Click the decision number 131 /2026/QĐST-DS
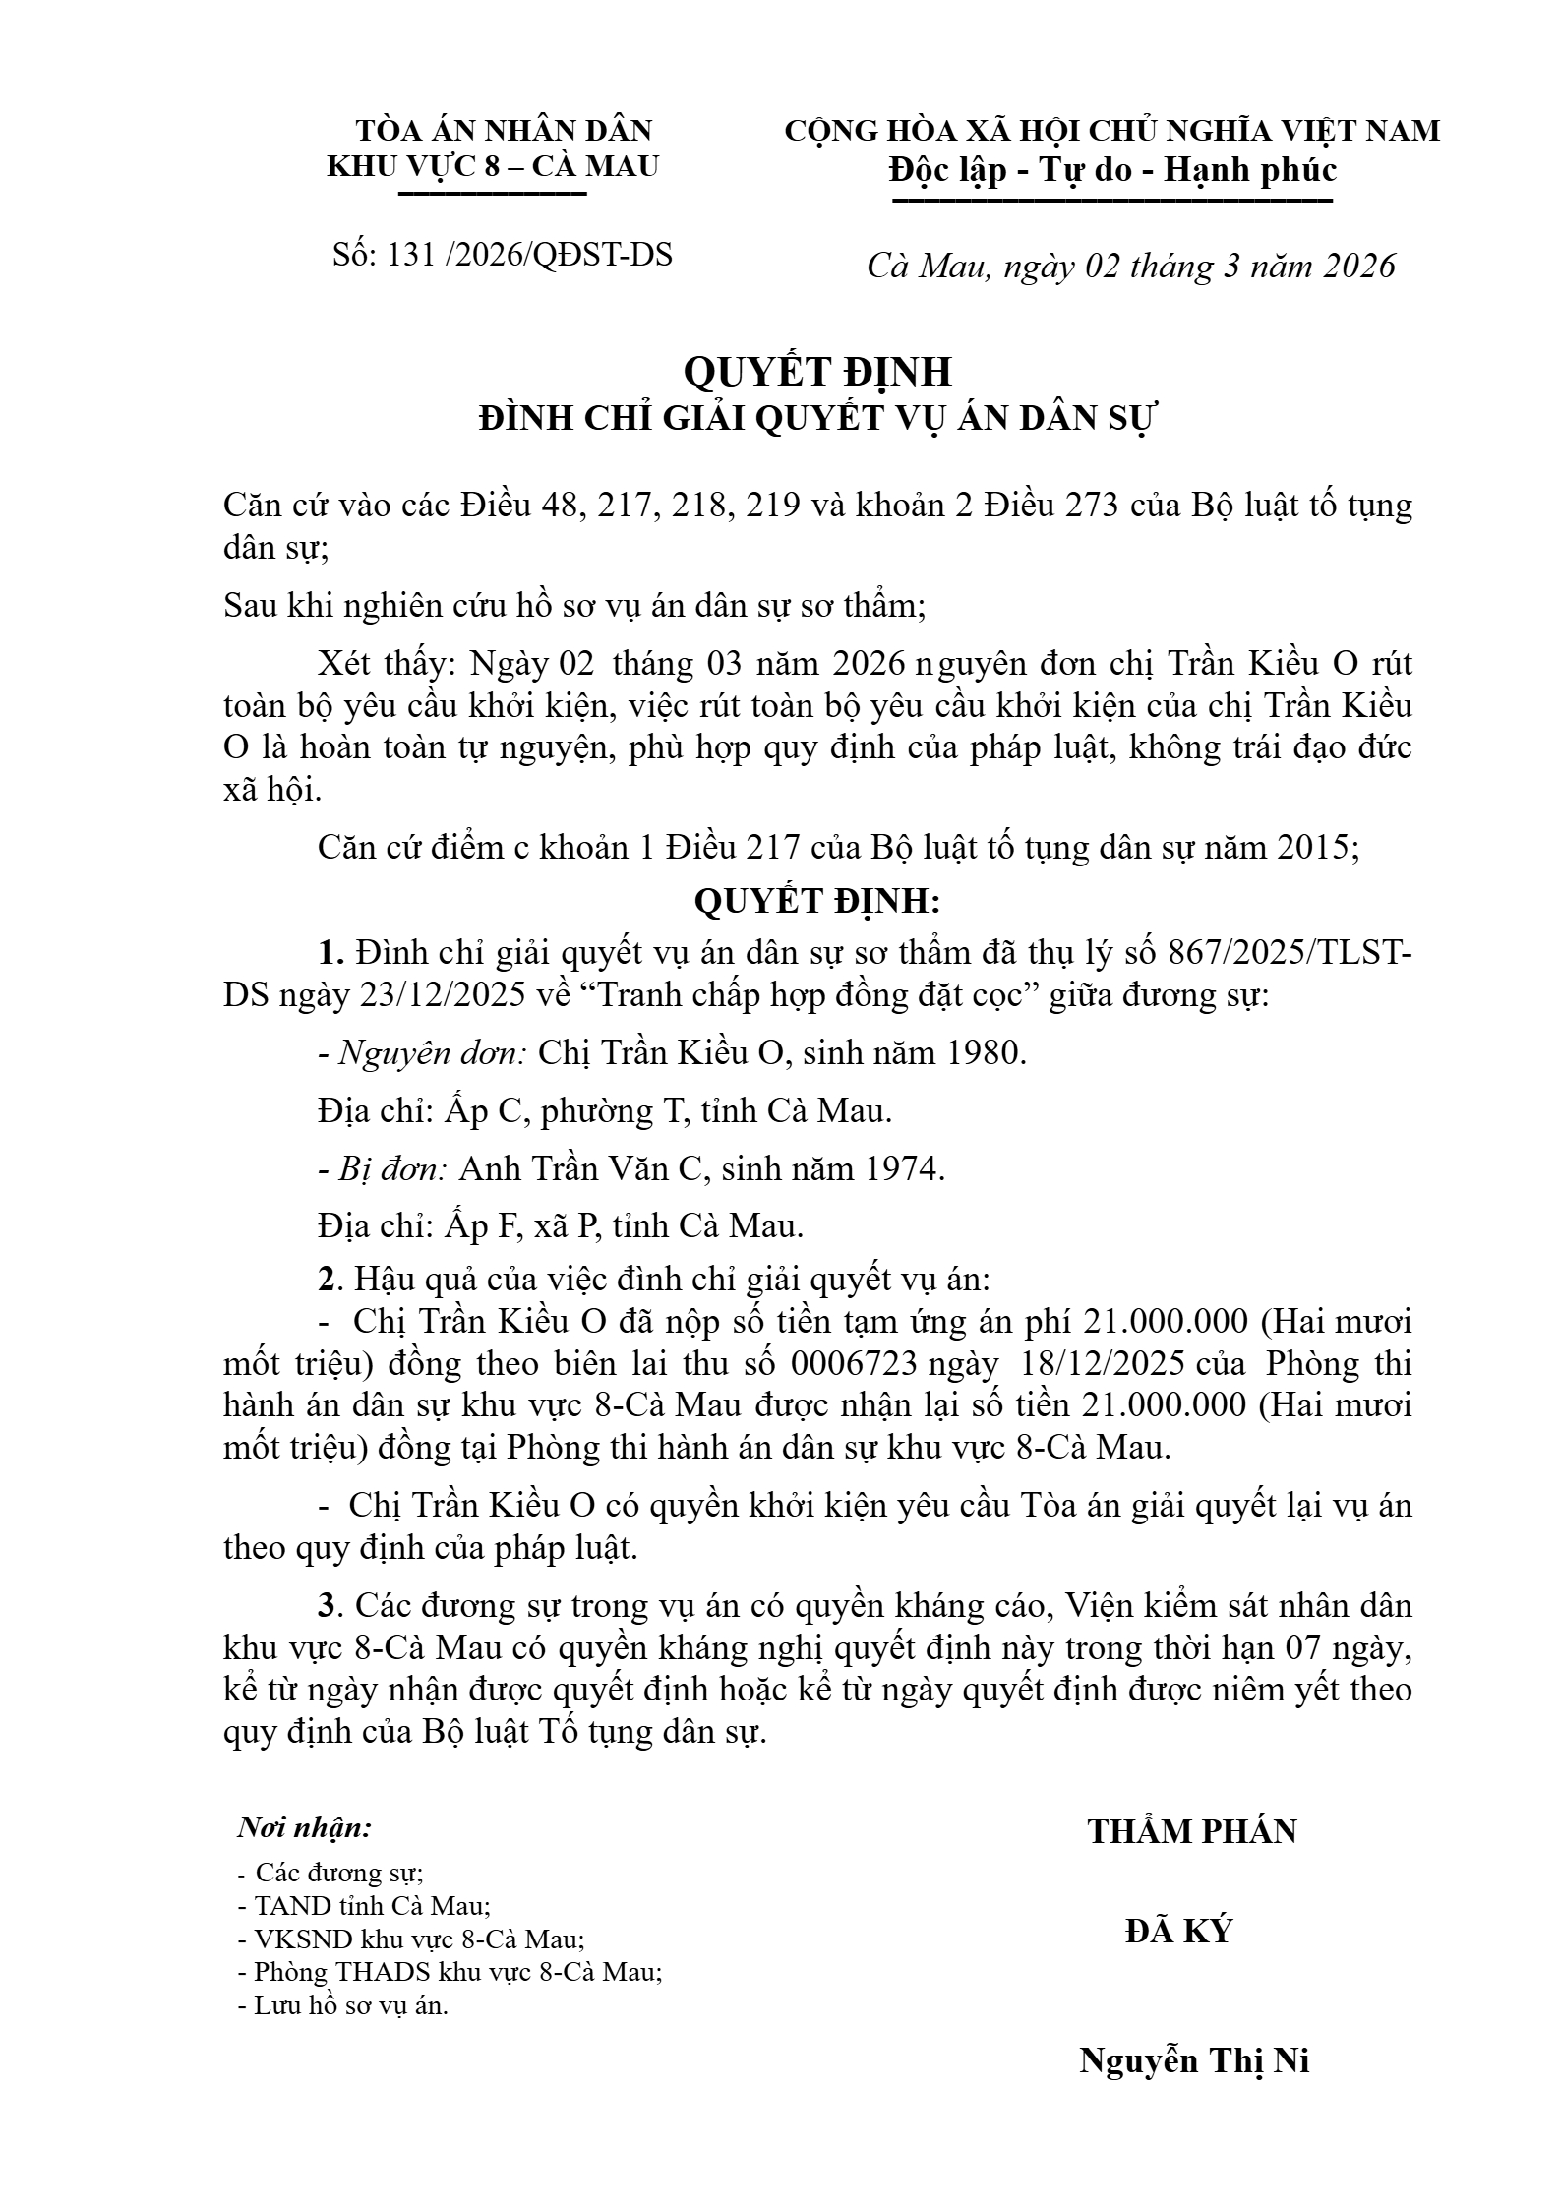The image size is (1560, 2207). (x=503, y=256)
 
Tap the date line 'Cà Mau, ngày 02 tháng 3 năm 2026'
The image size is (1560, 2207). (x=1130, y=267)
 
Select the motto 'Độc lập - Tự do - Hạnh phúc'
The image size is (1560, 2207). (x=1112, y=171)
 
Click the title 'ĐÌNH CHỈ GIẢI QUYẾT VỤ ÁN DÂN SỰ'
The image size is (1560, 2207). (x=819, y=419)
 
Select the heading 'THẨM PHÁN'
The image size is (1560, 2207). (x=1192, y=1831)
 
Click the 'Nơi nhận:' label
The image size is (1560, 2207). (x=305, y=1828)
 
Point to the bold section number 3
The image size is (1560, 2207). (x=327, y=1606)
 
